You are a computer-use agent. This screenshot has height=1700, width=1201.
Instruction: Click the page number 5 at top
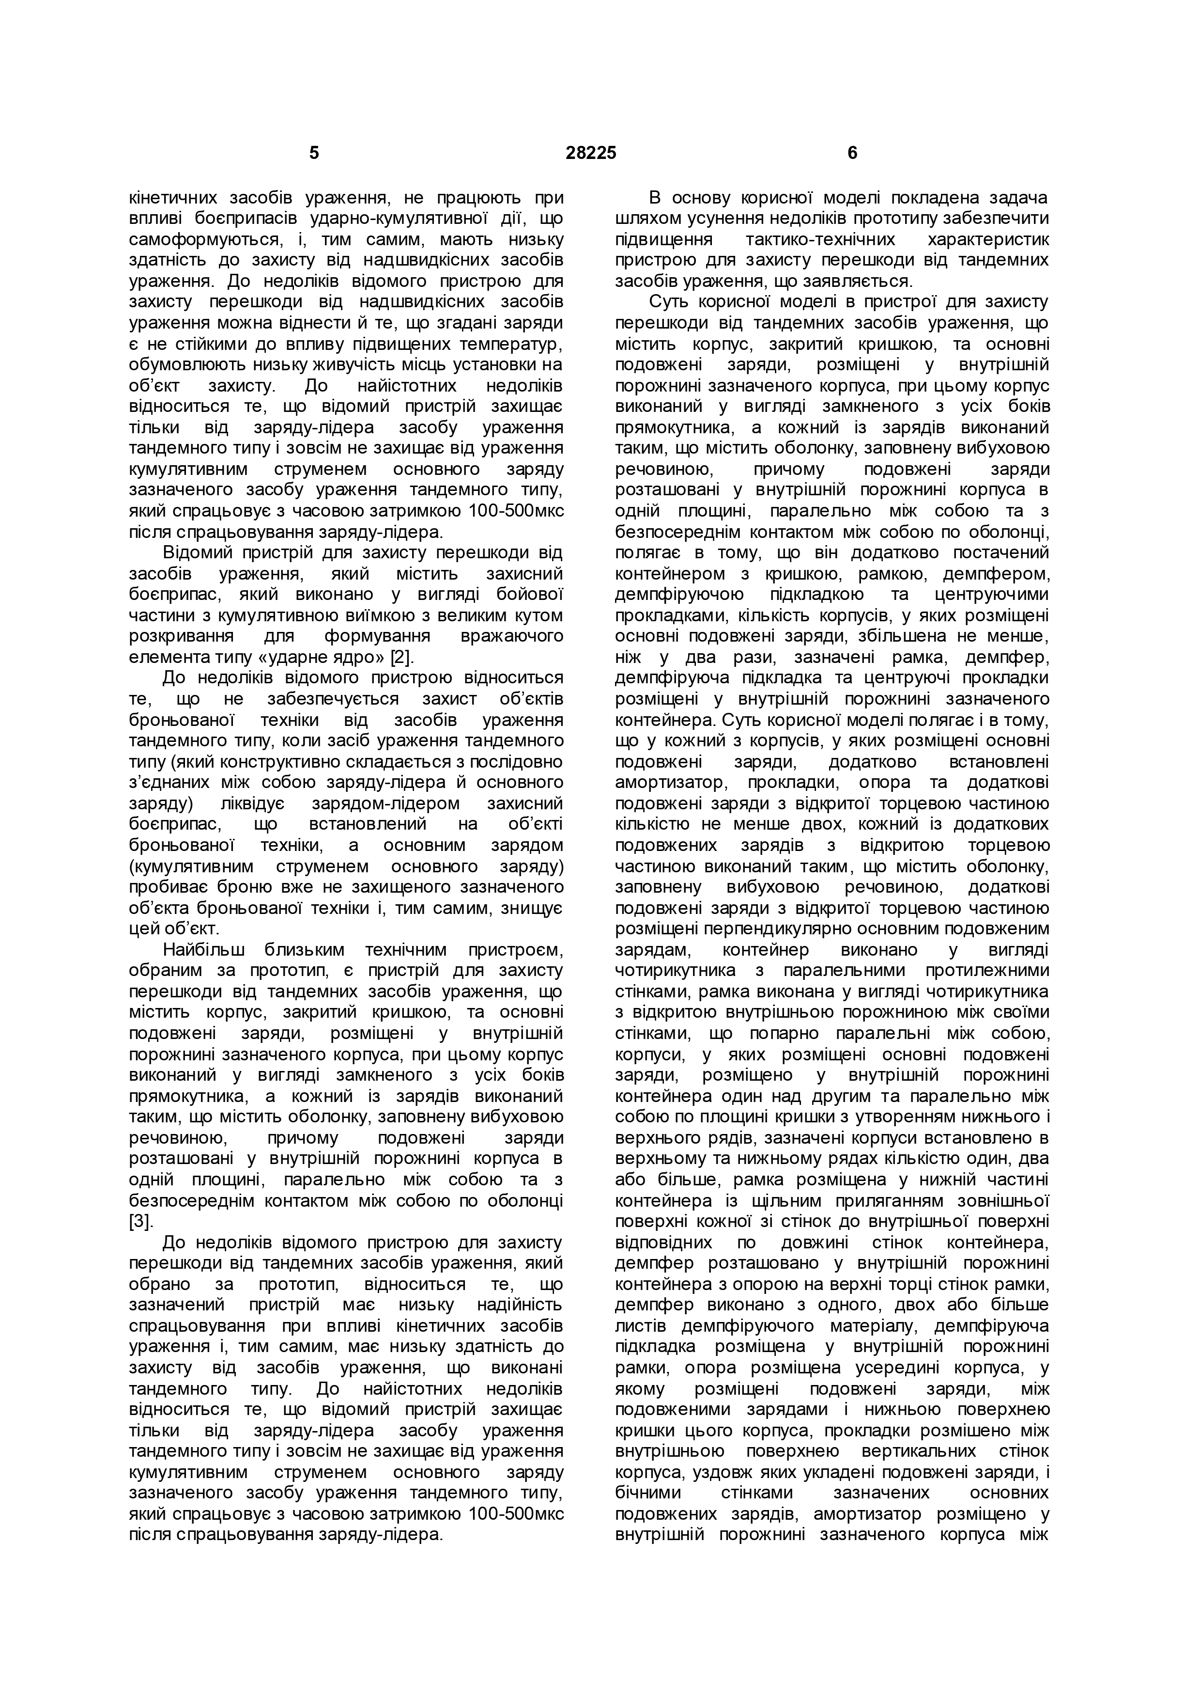point(314,153)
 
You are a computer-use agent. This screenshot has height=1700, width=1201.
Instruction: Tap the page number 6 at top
point(852,153)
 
